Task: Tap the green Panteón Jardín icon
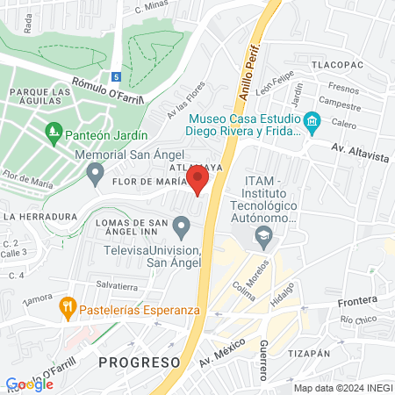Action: [x=54, y=134]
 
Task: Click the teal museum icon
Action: [x=312, y=119]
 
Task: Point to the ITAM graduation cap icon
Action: [x=262, y=234]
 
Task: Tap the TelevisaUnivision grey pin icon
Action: [x=182, y=229]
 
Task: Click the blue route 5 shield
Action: [x=117, y=76]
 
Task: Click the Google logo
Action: [x=29, y=384]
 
